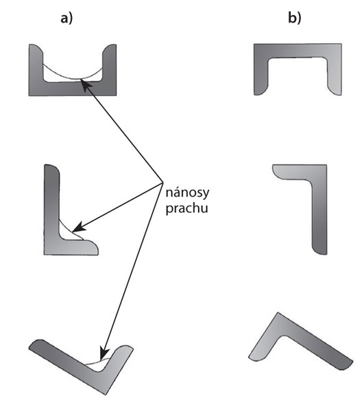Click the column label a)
[67, 18]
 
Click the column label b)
[295, 18]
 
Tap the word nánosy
[187, 193]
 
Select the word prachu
[187, 209]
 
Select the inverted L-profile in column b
[320, 210]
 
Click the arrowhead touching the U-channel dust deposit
[86, 85]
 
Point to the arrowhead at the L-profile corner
[78, 227]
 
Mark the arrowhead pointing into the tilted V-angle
[104, 354]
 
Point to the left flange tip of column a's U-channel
[34, 45]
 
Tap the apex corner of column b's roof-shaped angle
[278, 313]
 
